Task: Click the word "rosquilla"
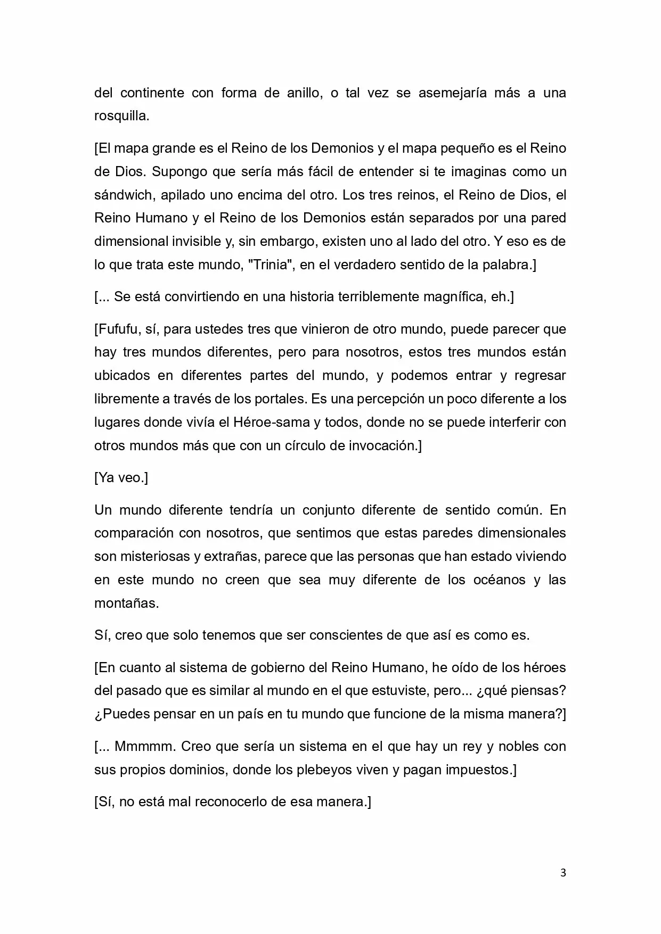pos(121,116)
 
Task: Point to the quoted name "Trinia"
pos(272,265)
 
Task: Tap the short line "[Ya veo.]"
pos(121,477)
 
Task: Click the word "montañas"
pos(126,603)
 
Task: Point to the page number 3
pos(564,872)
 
